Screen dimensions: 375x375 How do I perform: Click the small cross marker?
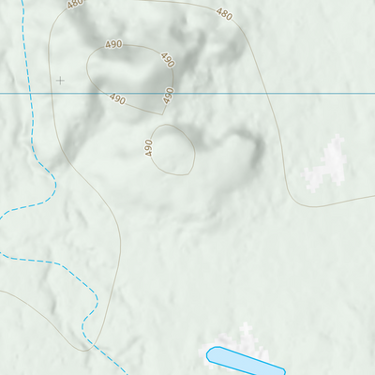61,81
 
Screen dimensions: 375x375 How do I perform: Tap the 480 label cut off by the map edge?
76,4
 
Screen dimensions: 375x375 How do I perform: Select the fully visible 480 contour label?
224,14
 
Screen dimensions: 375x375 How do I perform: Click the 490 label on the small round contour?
149,147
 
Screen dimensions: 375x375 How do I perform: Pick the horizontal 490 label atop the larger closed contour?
113,44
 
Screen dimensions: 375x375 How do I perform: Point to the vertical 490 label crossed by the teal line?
170,95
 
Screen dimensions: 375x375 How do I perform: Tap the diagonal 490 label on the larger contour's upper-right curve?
167,60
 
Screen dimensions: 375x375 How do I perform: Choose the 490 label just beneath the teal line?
117,98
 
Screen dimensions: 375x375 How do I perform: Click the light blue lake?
245,360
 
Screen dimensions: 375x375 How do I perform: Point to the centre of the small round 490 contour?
172,150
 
